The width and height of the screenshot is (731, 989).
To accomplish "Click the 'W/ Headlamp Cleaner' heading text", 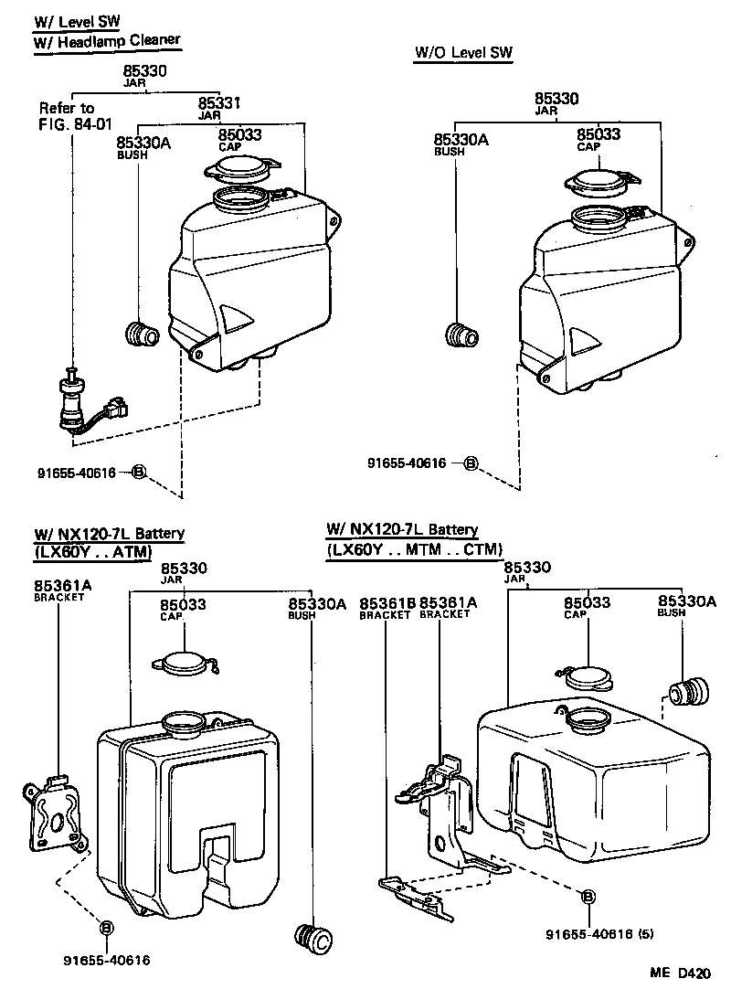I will (107, 40).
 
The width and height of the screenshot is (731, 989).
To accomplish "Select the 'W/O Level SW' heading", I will (463, 54).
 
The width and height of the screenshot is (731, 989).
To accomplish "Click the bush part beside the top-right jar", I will (462, 335).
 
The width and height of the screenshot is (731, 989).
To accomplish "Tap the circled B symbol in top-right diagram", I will (471, 463).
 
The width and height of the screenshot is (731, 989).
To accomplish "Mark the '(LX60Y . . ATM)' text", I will (92, 551).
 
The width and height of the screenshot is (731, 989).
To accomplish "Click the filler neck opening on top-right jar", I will (598, 218).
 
